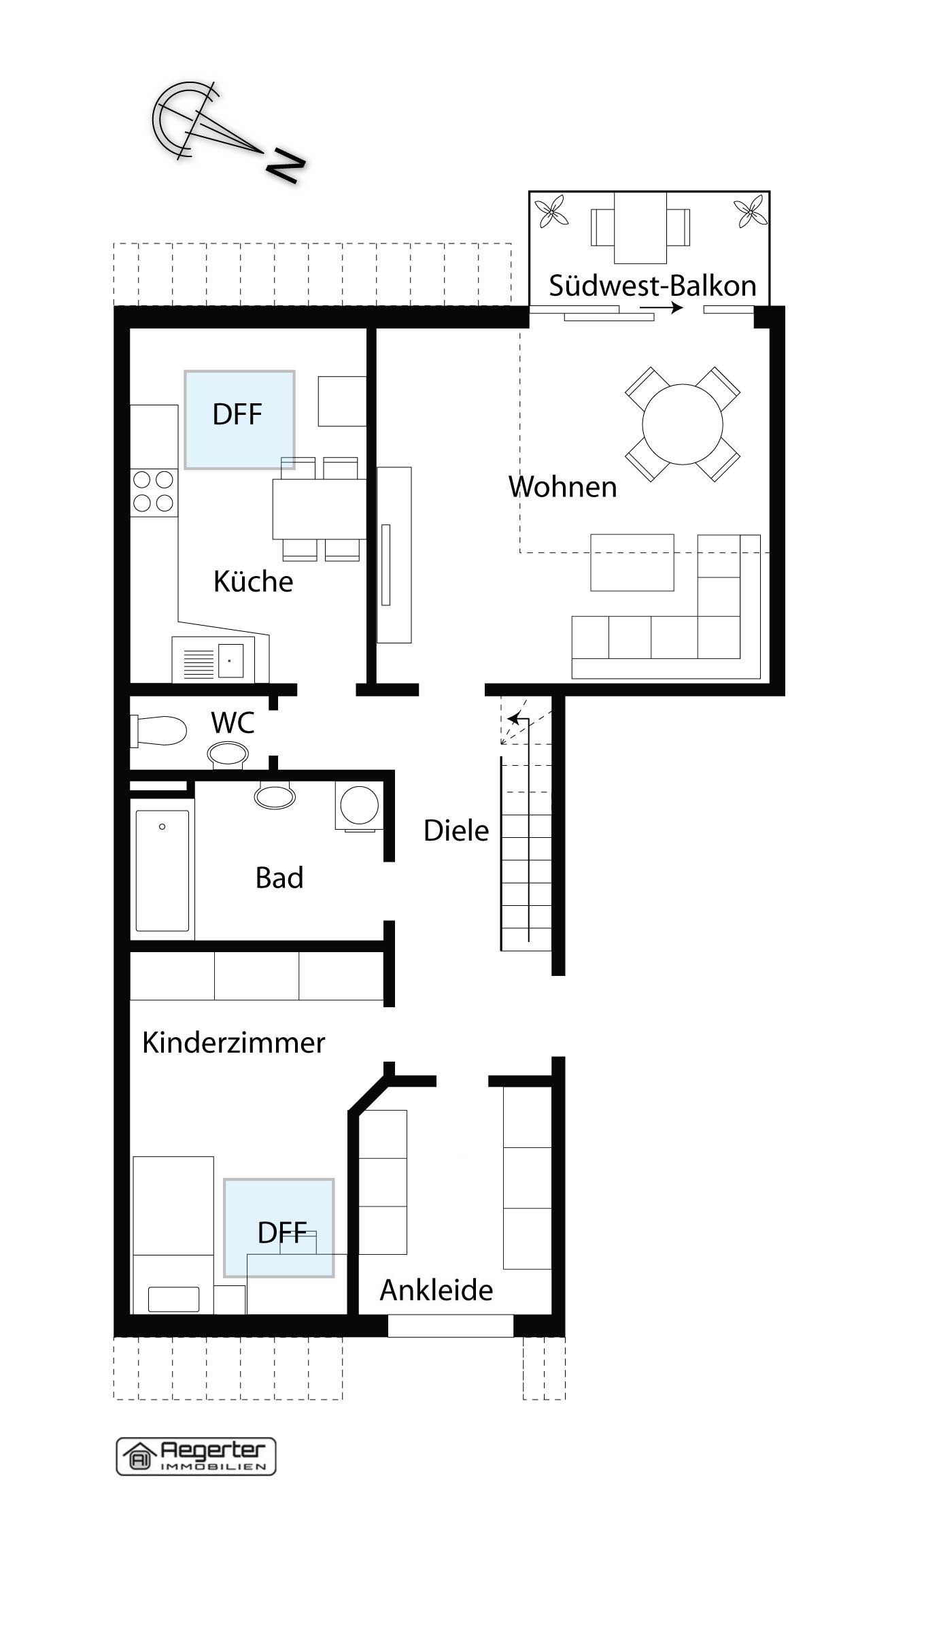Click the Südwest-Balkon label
(x=653, y=286)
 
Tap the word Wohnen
(x=563, y=487)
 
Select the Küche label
(x=253, y=581)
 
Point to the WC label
(x=233, y=723)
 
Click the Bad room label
(x=279, y=878)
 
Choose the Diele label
(x=456, y=830)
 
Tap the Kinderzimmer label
(x=234, y=1043)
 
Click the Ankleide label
(x=436, y=1290)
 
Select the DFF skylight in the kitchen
(x=239, y=420)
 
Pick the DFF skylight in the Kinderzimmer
(x=279, y=1228)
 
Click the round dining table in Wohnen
(x=683, y=424)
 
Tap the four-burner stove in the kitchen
(x=154, y=492)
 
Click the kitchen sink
(x=213, y=660)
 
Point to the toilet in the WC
(x=160, y=731)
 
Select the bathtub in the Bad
(x=162, y=871)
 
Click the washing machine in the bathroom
(x=359, y=805)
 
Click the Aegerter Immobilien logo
(x=196, y=1457)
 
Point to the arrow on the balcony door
(x=661, y=308)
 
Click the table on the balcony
(x=640, y=227)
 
